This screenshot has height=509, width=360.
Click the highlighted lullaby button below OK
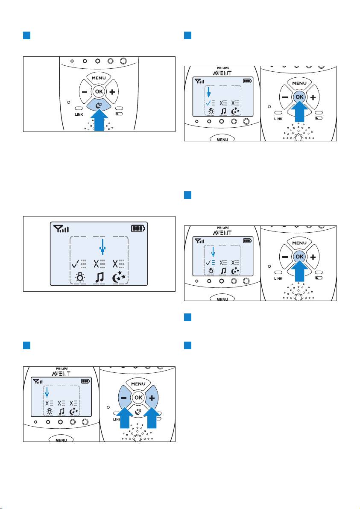tap(99, 105)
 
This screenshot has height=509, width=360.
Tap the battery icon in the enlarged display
tap(138, 228)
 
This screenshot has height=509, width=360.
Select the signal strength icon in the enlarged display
tap(61, 229)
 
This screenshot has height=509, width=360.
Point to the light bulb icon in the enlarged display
tap(79, 278)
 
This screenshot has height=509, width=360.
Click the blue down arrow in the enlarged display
tap(102, 247)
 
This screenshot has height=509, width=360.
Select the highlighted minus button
tap(124, 398)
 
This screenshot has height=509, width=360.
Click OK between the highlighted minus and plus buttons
tap(138, 397)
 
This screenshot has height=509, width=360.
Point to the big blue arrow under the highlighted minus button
tap(125, 418)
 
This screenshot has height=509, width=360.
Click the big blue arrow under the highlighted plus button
tap(152, 418)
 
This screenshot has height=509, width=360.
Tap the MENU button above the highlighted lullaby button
tap(99, 78)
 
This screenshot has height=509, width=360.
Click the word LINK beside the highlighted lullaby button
tap(79, 114)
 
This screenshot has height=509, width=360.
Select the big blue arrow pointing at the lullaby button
tap(99, 120)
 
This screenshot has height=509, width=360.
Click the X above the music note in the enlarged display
tap(97, 264)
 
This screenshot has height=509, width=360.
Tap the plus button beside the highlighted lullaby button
tap(112, 92)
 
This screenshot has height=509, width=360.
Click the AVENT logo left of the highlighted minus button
tap(61, 373)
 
